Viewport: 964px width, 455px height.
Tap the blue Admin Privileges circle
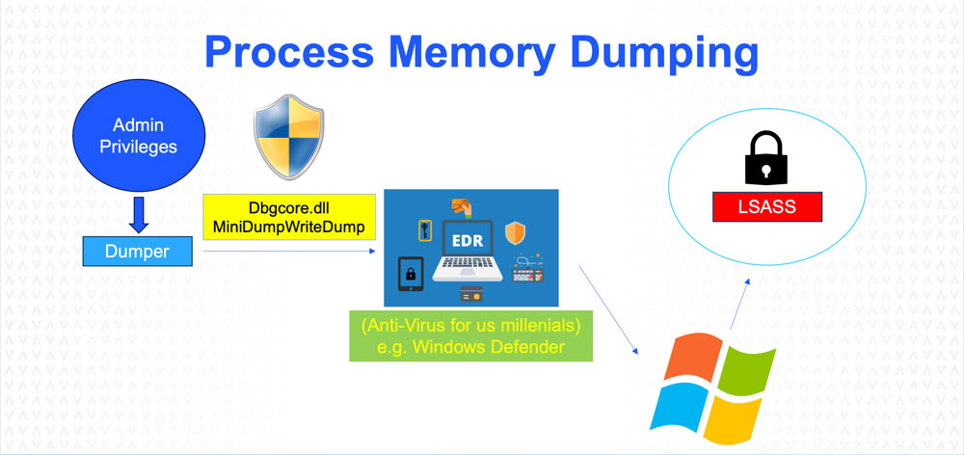click(x=139, y=137)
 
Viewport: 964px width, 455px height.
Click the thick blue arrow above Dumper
click(x=138, y=214)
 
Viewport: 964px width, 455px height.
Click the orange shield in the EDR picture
click(x=517, y=232)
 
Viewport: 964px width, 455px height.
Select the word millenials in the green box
click(x=533, y=326)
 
